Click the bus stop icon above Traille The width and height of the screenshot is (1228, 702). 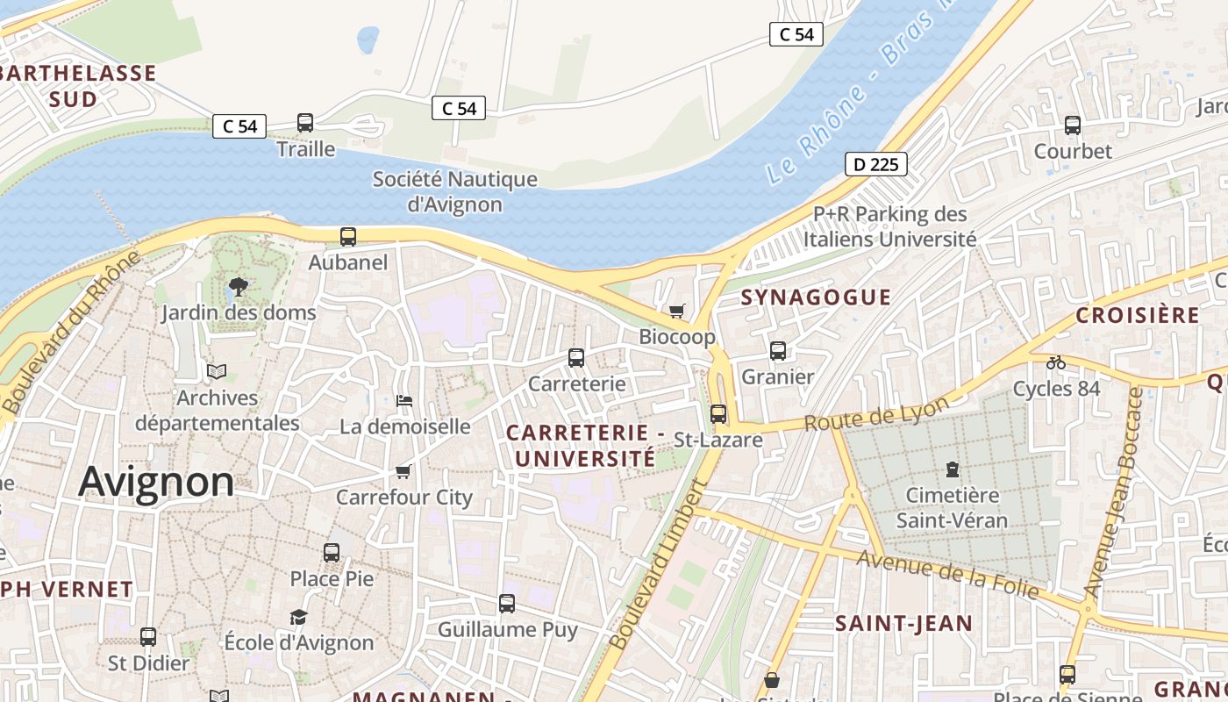[x=305, y=123]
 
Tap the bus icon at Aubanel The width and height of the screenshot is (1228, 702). [x=348, y=236]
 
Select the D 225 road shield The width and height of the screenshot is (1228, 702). [x=875, y=164]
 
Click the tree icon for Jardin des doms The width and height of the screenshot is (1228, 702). [x=238, y=286]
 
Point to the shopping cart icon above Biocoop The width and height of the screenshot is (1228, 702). [x=676, y=311]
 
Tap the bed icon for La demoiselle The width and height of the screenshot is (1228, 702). [x=404, y=401]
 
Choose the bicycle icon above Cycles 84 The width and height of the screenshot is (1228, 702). [x=1056, y=362]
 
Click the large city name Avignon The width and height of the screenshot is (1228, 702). [x=157, y=482]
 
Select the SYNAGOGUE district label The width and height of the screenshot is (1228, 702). [x=816, y=297]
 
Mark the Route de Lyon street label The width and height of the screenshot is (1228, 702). [x=877, y=413]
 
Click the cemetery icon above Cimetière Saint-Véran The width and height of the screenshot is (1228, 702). [x=953, y=469]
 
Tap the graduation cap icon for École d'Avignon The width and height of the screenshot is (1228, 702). [x=299, y=617]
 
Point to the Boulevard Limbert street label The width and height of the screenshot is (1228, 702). [x=659, y=566]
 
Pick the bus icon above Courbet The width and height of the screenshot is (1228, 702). [x=1072, y=125]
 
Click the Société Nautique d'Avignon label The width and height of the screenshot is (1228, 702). [x=454, y=191]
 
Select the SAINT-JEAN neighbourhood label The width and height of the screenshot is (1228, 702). [x=903, y=624]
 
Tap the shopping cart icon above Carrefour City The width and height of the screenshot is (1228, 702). [x=403, y=472]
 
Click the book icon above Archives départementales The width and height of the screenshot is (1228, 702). [x=217, y=372]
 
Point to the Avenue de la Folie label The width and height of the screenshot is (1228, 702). [x=947, y=575]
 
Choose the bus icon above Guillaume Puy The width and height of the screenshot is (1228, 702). [x=507, y=604]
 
